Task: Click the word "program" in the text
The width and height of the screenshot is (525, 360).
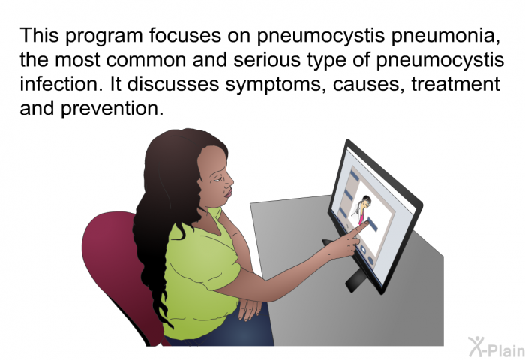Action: point(103,37)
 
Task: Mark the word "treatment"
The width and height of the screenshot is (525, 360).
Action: point(456,84)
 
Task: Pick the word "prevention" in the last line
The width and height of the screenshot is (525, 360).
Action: point(112,109)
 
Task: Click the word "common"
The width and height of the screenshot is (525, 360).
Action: point(146,60)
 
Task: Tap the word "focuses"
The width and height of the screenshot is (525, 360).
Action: point(185,36)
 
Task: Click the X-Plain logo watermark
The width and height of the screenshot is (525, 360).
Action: point(496,347)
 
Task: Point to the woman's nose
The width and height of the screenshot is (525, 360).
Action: point(229,181)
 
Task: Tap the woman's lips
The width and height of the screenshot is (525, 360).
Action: point(228,193)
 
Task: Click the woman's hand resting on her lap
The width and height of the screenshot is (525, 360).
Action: point(250,308)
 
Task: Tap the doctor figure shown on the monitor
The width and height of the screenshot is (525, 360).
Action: point(362,210)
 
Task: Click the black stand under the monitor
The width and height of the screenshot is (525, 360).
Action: point(355,278)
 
